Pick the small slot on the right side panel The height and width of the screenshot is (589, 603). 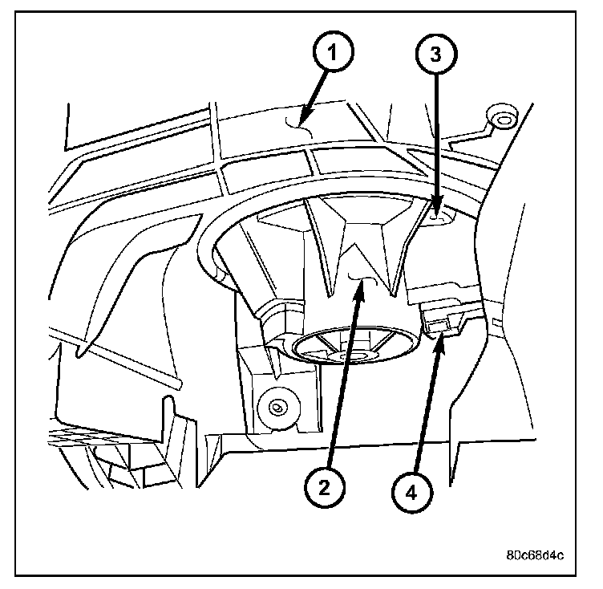496,324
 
